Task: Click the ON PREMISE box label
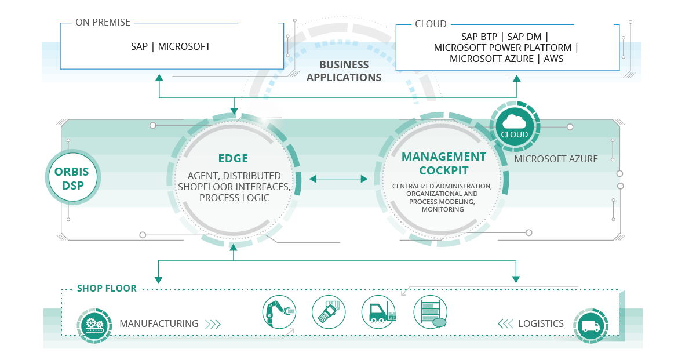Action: point(103,23)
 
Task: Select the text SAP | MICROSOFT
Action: point(170,46)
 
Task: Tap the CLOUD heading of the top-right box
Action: point(431,24)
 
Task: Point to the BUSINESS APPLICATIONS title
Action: point(344,71)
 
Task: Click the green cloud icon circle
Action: point(515,125)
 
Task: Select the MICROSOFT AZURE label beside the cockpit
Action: point(556,159)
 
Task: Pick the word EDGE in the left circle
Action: point(233,158)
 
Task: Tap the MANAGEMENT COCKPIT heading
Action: point(443,163)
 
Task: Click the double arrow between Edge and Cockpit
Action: point(339,179)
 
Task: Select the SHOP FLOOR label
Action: point(107,288)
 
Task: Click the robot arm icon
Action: point(279,312)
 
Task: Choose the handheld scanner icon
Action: point(329,312)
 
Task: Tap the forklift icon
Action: point(378,312)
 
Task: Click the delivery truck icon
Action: point(590,325)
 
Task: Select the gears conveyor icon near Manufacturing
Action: point(93,324)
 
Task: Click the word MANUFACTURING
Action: point(159,323)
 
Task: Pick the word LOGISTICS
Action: point(541,323)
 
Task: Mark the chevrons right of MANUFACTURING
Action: point(213,323)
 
